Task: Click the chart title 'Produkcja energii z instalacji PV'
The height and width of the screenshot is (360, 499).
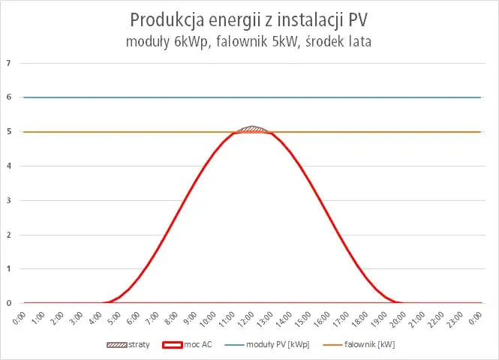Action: [x=249, y=19]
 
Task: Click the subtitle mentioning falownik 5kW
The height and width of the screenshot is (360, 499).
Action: [x=249, y=42]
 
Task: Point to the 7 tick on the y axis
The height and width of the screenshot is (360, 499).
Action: [x=8, y=63]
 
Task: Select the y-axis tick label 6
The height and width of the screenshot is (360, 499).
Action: [x=8, y=97]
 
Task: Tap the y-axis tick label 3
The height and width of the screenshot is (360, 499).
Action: [x=8, y=200]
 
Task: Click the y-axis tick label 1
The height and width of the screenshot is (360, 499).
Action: [x=8, y=268]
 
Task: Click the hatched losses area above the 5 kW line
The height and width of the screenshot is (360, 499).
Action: [x=252, y=129]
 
